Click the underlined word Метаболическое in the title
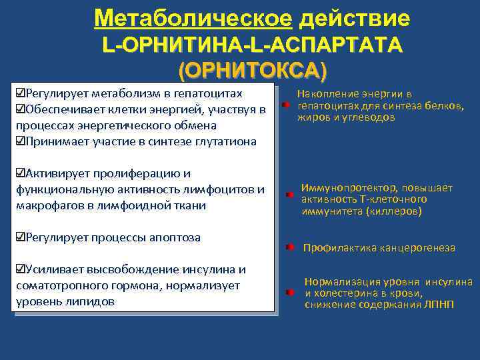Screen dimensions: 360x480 click(193, 18)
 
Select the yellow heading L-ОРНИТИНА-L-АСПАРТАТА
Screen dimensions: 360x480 click(253, 45)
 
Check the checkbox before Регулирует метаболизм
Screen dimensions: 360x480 click(19, 93)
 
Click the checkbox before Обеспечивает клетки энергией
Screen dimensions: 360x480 click(19, 109)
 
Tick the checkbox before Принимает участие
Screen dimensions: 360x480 click(19, 141)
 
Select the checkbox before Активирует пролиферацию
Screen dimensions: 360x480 click(19, 173)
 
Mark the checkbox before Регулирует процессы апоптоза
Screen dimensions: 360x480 click(19, 237)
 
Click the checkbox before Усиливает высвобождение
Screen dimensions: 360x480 click(19, 269)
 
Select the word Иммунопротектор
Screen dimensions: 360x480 click(343, 188)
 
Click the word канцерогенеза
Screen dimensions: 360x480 click(419, 248)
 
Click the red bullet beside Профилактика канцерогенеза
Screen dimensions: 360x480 click(287, 247)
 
